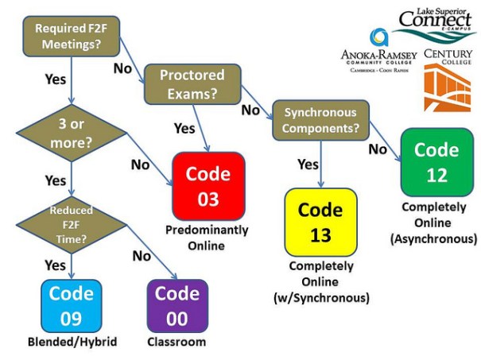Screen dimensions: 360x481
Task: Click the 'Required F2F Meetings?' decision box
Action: (x=68, y=36)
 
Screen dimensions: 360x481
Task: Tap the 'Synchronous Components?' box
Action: (x=316, y=119)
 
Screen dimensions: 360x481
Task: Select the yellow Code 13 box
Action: (x=320, y=222)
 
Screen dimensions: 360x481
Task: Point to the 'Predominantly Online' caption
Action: (x=207, y=238)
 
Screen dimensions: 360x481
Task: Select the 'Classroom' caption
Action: (x=176, y=343)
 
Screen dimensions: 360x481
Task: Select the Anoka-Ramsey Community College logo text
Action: (x=378, y=57)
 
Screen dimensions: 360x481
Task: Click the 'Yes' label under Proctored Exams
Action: (x=184, y=128)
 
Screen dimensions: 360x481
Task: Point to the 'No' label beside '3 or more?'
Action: (x=140, y=165)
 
